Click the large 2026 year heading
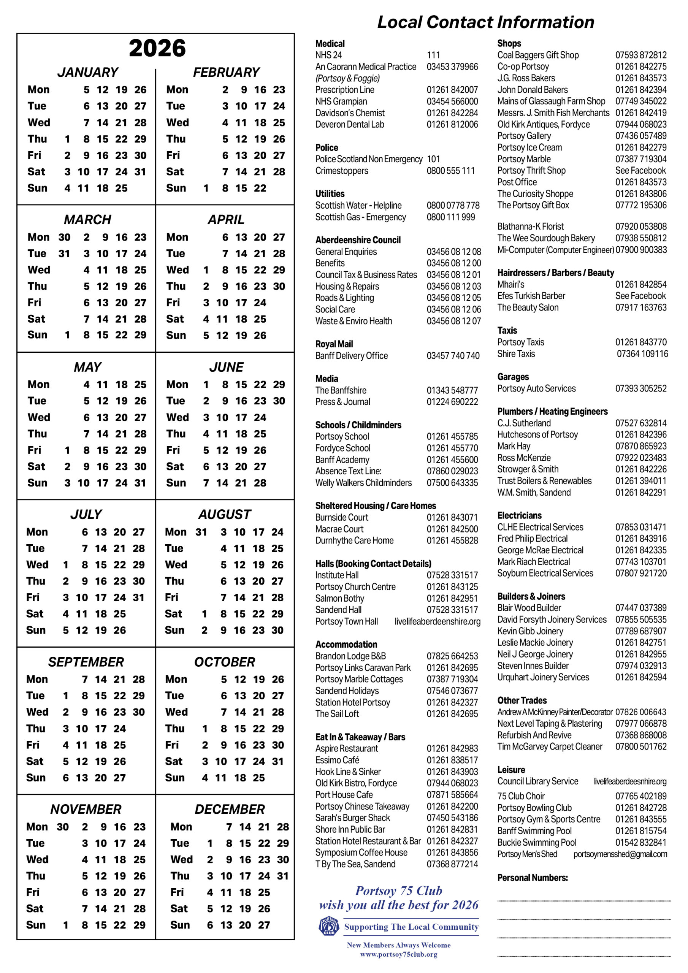pyautogui.click(x=157, y=48)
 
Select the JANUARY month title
pyautogui.click(x=88, y=73)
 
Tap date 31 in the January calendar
pyautogui.click(x=140, y=172)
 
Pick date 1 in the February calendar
pyautogui.click(x=206, y=188)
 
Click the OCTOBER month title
pyautogui.click(x=225, y=662)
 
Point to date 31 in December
pyautogui.click(x=283, y=876)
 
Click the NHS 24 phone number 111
pyautogui.click(x=433, y=55)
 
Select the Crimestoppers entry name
pyautogui.click(x=342, y=171)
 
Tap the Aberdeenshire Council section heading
pyautogui.click(x=358, y=240)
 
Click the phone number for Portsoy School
pyautogui.click(x=452, y=436)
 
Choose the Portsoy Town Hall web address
pyautogui.click(x=438, y=622)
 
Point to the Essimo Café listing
pyautogui.click(x=337, y=760)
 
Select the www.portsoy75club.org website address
pyautogui.click(x=398, y=954)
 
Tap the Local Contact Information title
pyautogui.click(x=486, y=22)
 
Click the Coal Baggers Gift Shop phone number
pyautogui.click(x=640, y=55)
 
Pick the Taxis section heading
pyautogui.click(x=507, y=331)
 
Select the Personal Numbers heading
pyautogui.click(x=533, y=878)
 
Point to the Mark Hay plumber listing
pyautogui.click(x=514, y=446)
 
